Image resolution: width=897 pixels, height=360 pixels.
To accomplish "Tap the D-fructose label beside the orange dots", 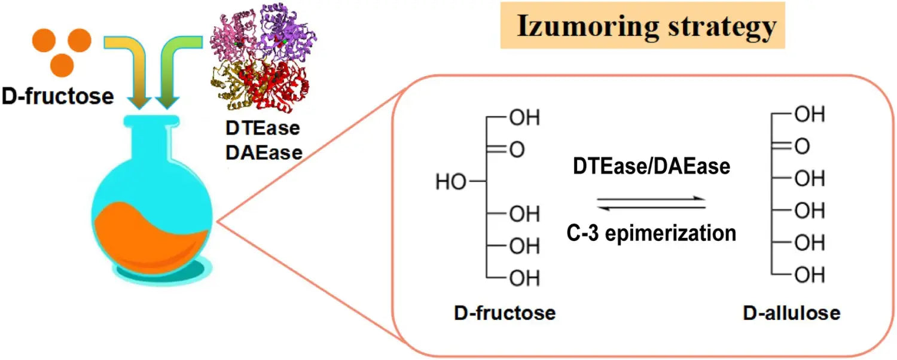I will click(x=57, y=96).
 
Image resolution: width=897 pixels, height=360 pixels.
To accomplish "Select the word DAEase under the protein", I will click(x=264, y=152).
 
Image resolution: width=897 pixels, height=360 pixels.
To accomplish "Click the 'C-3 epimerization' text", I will click(x=651, y=233).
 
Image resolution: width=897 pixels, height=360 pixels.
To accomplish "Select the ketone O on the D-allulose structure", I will click(x=802, y=145).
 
